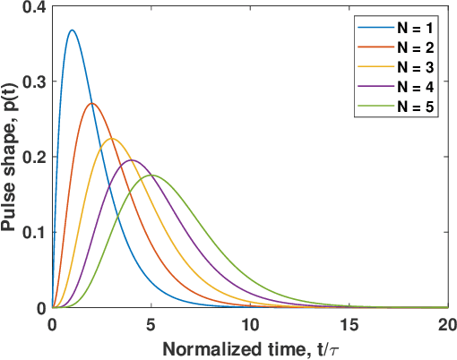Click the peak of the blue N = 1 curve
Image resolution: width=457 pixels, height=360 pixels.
point(72,30)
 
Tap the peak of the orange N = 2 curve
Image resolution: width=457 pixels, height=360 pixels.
point(91,103)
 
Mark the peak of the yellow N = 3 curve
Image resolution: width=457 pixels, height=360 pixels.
point(111,138)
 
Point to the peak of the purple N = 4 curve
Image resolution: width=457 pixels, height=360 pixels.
point(131,160)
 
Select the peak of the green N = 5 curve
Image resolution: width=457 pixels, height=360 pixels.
point(151,176)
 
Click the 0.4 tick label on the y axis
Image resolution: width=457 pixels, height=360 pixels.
point(34,7)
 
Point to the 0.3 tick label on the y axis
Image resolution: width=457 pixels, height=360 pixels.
point(34,81)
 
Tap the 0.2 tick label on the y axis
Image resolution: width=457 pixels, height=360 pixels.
point(34,157)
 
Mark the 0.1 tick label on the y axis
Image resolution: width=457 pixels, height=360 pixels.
point(34,232)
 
